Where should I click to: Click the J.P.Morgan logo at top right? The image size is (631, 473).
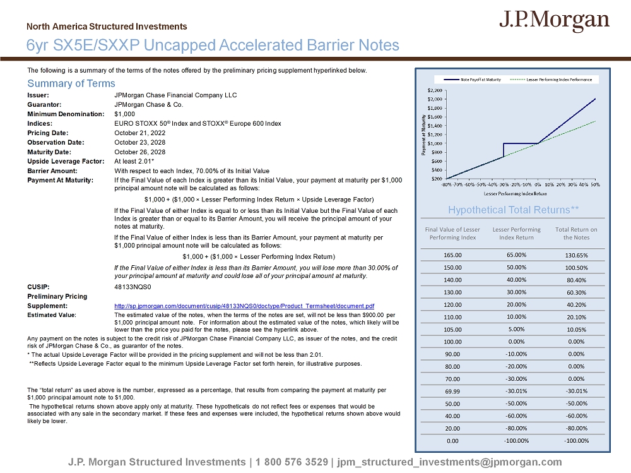(x=555, y=21)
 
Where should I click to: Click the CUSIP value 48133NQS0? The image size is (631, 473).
(x=131, y=286)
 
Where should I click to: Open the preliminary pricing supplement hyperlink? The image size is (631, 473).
(x=244, y=306)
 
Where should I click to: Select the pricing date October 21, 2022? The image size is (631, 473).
(x=141, y=133)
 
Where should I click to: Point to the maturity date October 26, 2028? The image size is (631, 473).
(x=141, y=152)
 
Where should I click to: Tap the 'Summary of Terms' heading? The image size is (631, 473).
(x=71, y=83)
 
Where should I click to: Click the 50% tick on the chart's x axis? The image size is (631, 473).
(x=594, y=184)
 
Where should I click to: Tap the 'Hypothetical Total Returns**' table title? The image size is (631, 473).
(x=513, y=210)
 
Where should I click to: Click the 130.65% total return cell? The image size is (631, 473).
(x=576, y=255)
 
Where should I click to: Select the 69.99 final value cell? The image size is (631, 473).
(x=453, y=390)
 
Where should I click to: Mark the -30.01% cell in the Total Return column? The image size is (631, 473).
(x=576, y=390)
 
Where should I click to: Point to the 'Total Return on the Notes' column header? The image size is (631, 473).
(x=576, y=233)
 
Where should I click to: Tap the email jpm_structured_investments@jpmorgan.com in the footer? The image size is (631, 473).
(x=449, y=462)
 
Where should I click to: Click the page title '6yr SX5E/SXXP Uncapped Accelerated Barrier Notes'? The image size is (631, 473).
(x=213, y=45)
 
